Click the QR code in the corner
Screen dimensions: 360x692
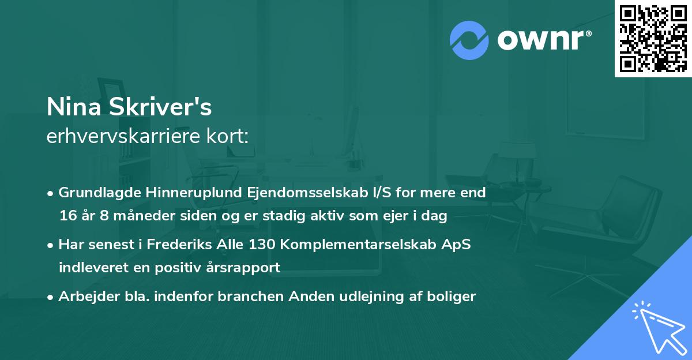pyautogui.click(x=653, y=39)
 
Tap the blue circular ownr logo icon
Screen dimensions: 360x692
pyautogui.click(x=469, y=40)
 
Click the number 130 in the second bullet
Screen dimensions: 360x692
pyautogui.click(x=261, y=244)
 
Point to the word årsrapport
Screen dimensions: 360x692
pyautogui.click(x=246, y=268)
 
